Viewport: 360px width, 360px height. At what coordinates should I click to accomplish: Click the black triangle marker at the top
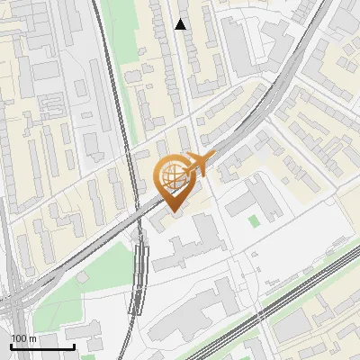(181, 24)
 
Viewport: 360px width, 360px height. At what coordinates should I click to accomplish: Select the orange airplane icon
(197, 163)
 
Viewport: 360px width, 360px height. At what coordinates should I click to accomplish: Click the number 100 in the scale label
(19, 337)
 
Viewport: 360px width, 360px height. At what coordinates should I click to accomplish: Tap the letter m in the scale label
(32, 337)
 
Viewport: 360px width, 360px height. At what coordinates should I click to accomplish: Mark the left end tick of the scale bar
(11, 346)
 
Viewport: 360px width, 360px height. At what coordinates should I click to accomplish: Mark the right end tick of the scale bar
(74, 346)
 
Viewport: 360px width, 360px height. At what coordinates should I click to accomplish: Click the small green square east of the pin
(254, 220)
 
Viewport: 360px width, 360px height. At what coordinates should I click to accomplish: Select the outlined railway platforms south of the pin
(139, 274)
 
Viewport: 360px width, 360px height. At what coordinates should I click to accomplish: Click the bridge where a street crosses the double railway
(262, 315)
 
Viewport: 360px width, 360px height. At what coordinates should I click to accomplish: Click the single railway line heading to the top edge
(101, 36)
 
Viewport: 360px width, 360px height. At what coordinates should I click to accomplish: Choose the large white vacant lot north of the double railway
(297, 243)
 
